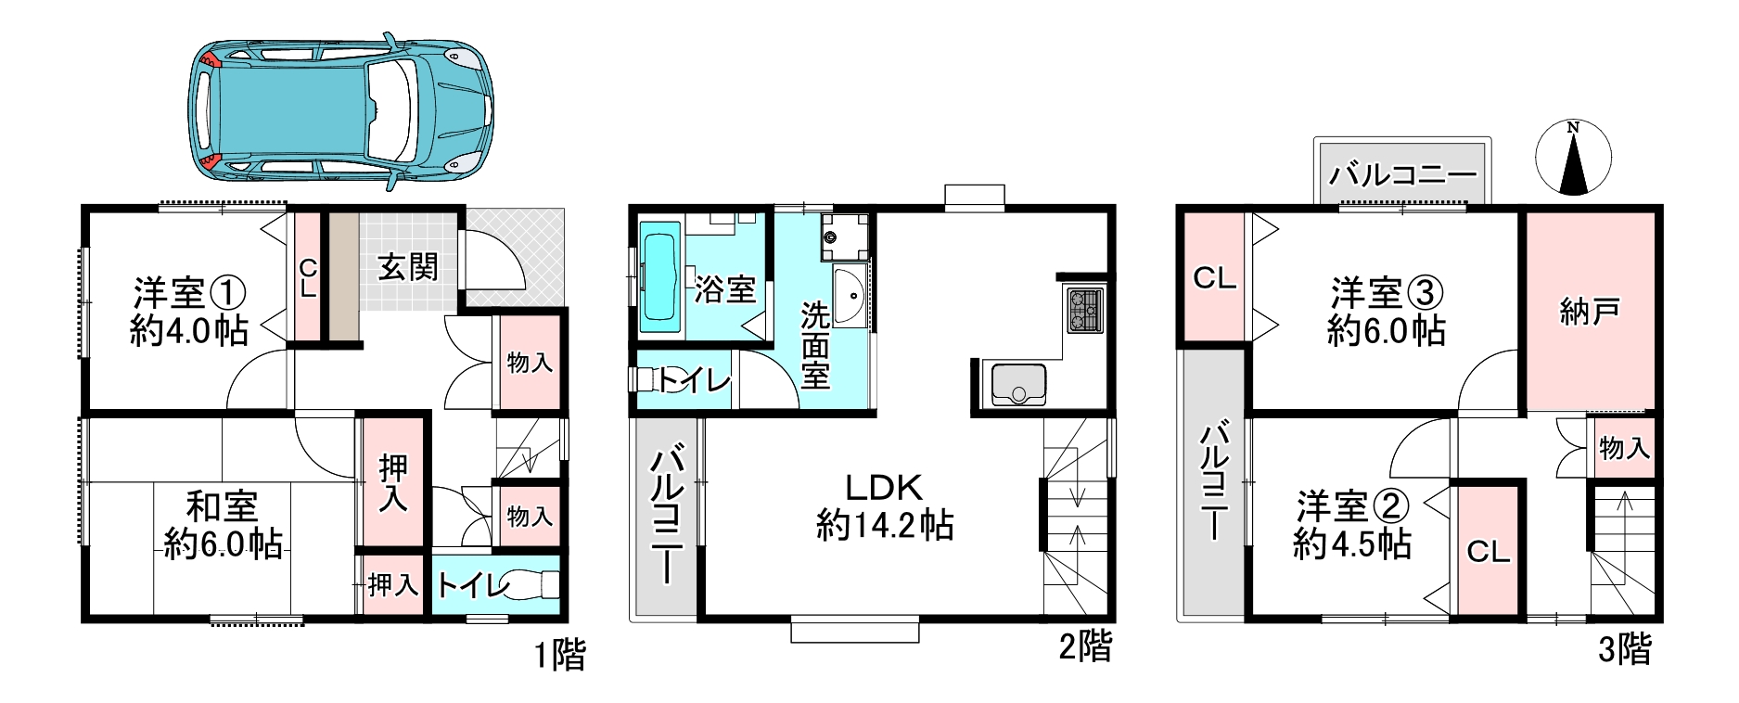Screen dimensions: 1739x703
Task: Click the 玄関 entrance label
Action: pyautogui.click(x=407, y=267)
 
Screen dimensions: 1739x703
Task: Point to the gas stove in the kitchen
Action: pyautogui.click(x=1083, y=310)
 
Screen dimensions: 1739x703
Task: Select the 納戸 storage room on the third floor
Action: pyautogui.click(x=1591, y=312)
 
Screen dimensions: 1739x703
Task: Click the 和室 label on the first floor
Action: pyautogui.click(x=222, y=506)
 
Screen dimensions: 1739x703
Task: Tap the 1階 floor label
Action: pyautogui.click(x=560, y=656)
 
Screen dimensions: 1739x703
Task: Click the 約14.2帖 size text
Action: pyautogui.click(x=885, y=526)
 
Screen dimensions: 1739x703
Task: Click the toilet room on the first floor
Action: pyautogui.click(x=496, y=583)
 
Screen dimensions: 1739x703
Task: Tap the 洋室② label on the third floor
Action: pyautogui.click(x=1352, y=506)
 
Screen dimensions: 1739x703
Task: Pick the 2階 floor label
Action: pyautogui.click(x=1085, y=646)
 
